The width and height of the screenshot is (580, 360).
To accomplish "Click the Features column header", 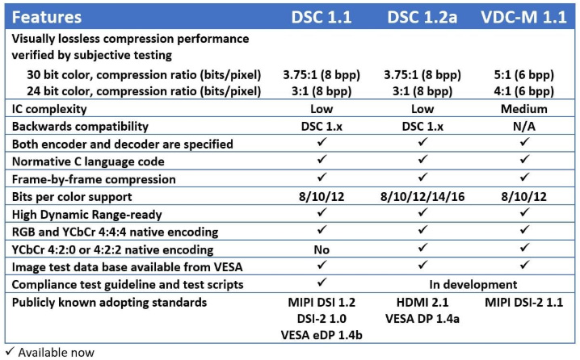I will point(47,15).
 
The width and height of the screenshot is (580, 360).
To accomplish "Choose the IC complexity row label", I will point(49,109).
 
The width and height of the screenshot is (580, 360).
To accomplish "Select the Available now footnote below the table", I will point(50,353).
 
